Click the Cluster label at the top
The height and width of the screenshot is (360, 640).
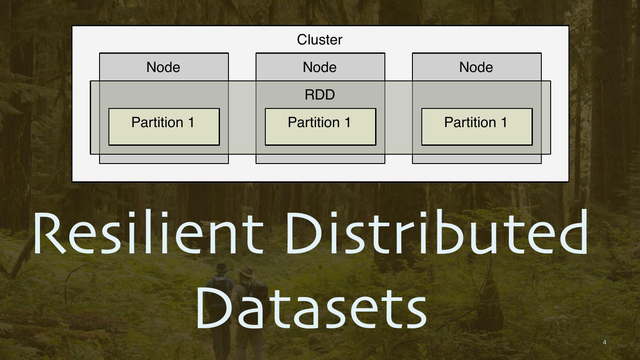pos(320,40)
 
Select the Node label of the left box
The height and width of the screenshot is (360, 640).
pos(163,67)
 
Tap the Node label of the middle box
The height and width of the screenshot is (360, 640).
pos(320,67)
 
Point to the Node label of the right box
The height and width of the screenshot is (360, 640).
pos(476,67)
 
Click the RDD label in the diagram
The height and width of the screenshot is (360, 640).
pos(320,95)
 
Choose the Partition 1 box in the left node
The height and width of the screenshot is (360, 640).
pos(164,127)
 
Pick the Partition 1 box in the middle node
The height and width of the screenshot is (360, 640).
pos(320,127)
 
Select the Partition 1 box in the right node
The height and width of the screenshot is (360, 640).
pos(477,127)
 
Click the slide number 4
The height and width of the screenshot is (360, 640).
pos(604,342)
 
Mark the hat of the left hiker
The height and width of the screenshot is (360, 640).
pos(221,268)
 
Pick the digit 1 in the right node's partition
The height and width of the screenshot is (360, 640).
pos(504,122)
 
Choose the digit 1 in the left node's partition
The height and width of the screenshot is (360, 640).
pos(191,122)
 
